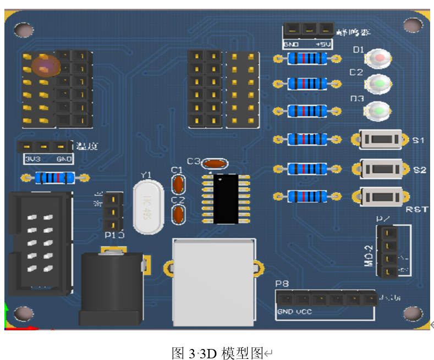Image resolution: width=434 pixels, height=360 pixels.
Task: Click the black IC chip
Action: coord(226,198)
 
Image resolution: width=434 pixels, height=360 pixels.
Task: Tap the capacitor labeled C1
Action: coord(178,184)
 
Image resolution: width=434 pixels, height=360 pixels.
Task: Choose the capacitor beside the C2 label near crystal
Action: coord(178,214)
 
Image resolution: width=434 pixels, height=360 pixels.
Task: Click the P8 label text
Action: coord(282,284)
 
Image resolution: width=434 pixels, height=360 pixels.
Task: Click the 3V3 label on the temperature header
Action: coord(31,159)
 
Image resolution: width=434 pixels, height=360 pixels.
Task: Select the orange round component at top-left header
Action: coord(45,65)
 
